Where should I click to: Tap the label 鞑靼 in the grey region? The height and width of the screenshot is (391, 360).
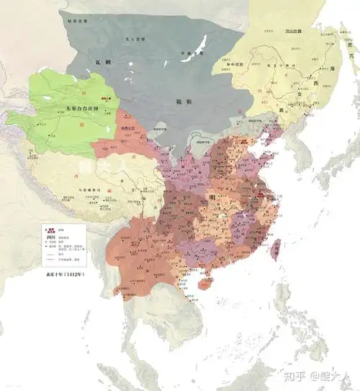click(x=184, y=103)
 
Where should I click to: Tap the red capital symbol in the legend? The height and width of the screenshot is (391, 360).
click(x=49, y=225)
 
